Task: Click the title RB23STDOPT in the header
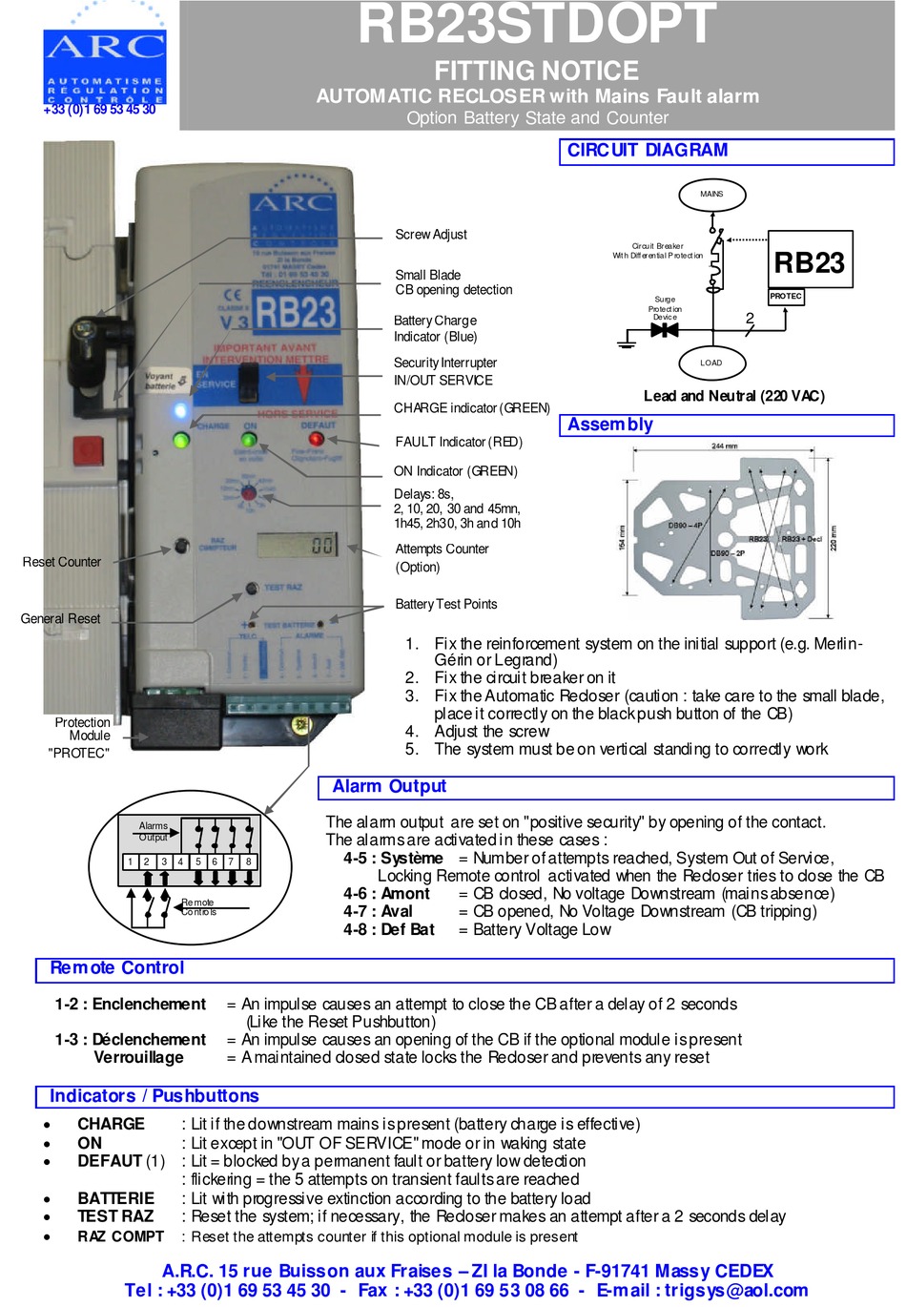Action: coord(536,25)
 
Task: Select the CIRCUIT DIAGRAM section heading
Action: coord(647,151)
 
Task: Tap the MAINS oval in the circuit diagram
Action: coord(711,194)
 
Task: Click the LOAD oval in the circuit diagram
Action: coord(711,363)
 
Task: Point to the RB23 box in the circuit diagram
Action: coord(810,261)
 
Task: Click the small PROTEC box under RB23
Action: coord(786,297)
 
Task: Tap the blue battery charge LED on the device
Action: coord(180,411)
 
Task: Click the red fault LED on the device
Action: coord(316,439)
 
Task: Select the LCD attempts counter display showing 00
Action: coord(297,545)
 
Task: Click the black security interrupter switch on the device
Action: coord(248,383)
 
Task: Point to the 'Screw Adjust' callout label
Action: coord(431,235)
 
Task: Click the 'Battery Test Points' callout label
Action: coord(445,604)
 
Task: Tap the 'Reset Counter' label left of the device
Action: coord(61,562)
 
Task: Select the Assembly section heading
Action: coord(610,425)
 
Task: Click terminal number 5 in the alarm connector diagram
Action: coord(198,861)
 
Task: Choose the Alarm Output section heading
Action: coord(389,787)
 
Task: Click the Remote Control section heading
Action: coord(117,968)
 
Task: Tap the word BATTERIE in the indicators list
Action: coord(115,1198)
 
